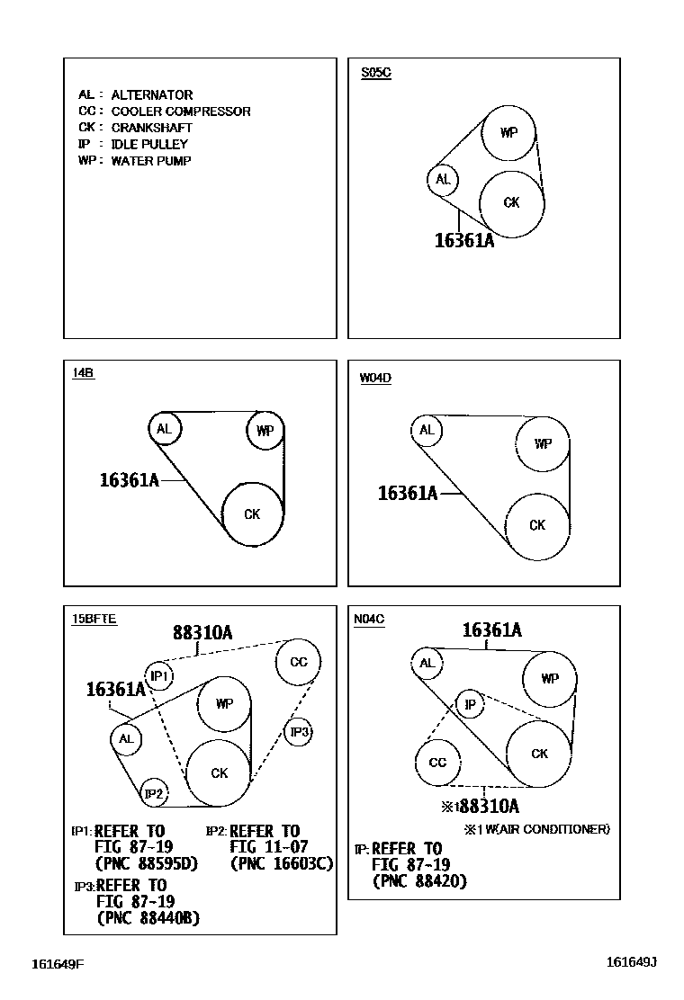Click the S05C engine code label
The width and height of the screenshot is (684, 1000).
[375, 73]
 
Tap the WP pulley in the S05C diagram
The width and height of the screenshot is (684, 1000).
[508, 133]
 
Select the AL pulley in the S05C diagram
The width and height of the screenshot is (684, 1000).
[443, 180]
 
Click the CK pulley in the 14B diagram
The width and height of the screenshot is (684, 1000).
[253, 513]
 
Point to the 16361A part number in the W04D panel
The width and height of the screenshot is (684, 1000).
[408, 493]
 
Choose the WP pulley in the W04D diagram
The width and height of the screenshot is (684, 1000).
[542, 443]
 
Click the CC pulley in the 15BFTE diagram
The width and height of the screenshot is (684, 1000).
[299, 663]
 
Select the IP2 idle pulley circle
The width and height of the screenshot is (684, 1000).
[155, 793]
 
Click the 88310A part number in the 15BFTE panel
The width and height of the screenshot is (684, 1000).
[202, 633]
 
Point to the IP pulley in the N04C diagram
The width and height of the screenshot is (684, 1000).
[470, 705]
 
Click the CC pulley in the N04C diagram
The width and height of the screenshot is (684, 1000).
[437, 763]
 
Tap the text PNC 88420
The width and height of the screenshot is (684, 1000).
[419, 882]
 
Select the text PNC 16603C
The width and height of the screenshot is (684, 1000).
[282, 864]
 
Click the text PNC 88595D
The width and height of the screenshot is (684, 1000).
[146, 864]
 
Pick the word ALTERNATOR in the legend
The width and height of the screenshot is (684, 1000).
[152, 94]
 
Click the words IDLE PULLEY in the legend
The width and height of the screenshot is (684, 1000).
[149, 144]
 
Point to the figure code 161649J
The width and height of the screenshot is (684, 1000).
[631, 962]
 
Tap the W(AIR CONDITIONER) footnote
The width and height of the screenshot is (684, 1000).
[541, 829]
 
